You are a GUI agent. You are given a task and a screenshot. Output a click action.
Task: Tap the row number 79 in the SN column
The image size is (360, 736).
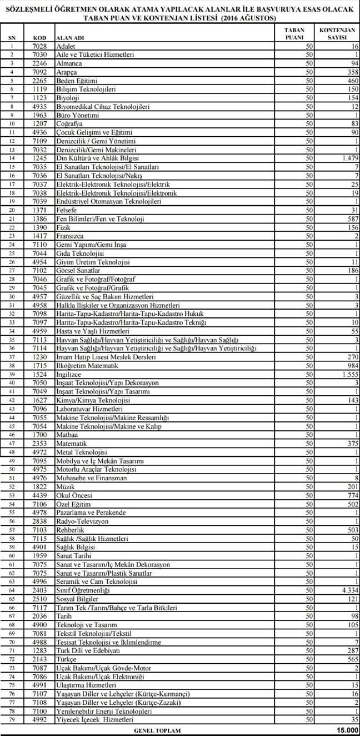click(x=12, y=719)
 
